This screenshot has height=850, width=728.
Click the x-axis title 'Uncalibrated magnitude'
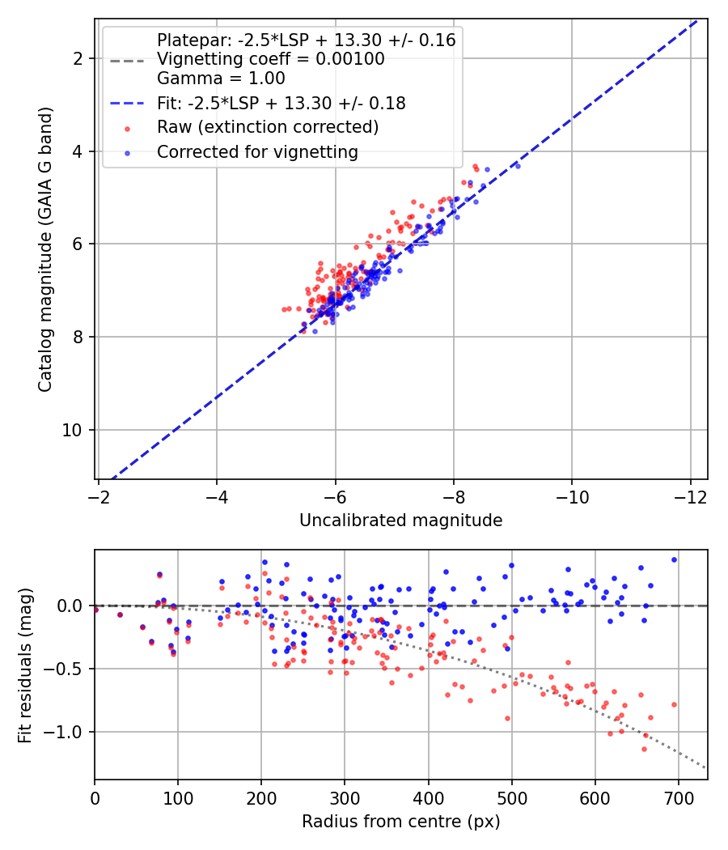pyautogui.click(x=400, y=521)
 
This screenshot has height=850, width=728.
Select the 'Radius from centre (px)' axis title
pyautogui.click(x=400, y=822)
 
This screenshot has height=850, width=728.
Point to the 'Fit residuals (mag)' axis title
pyautogui.click(x=25, y=665)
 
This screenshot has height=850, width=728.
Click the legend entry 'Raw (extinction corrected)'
pyautogui.click(x=268, y=127)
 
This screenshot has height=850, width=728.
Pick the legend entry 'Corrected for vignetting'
pyautogui.click(x=257, y=151)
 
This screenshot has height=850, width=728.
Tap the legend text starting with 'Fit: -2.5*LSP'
pyautogui.click(x=281, y=103)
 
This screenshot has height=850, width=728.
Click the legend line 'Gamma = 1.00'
pyautogui.click(x=221, y=79)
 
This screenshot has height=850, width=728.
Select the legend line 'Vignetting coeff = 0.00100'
pyautogui.click(x=271, y=59)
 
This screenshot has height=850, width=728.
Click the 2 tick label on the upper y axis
pyautogui.click(x=79, y=58)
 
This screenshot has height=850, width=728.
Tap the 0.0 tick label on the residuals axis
pyautogui.click(x=72, y=606)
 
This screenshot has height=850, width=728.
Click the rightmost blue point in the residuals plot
pyautogui.click(x=674, y=559)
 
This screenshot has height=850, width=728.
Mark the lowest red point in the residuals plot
pyautogui.click(x=644, y=749)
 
